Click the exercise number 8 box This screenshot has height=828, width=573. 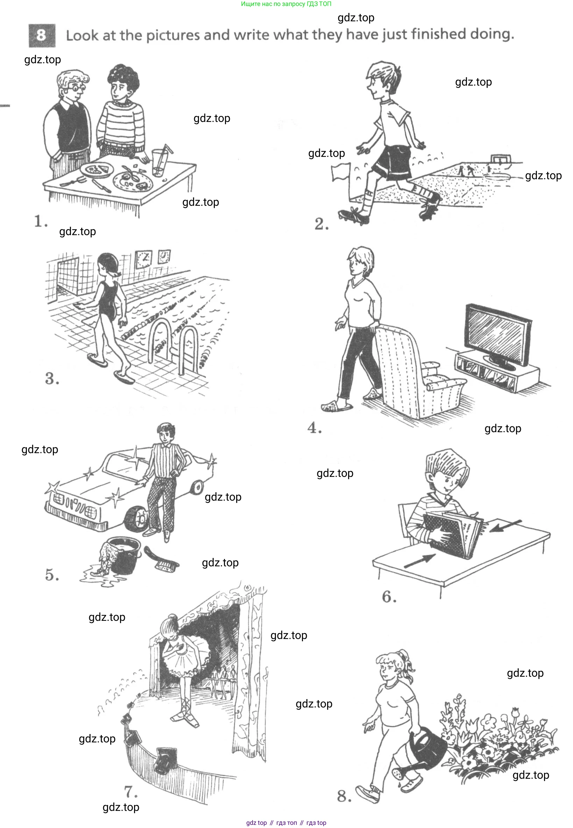(x=42, y=36)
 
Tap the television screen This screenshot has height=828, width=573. (x=497, y=335)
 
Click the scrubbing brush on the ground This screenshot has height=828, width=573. (x=162, y=559)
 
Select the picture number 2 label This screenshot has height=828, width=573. (x=321, y=224)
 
